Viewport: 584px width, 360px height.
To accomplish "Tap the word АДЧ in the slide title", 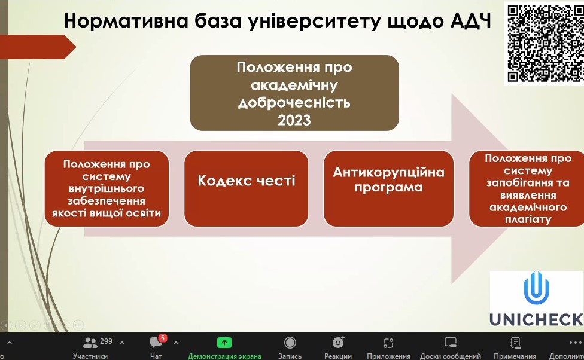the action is point(471,21).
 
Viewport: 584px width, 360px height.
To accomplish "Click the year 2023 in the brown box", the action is point(294,120).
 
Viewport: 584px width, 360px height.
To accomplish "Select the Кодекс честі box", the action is point(246,189).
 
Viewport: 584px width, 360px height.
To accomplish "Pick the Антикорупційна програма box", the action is point(388,189).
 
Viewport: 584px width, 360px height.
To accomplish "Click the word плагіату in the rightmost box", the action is point(528,219).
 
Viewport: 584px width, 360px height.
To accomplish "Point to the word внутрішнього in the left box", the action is point(107,188).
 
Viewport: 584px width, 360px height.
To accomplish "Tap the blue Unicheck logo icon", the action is point(536,288).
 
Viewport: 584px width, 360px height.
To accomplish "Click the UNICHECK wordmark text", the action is point(536,319).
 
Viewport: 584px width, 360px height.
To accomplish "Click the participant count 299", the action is point(106,341).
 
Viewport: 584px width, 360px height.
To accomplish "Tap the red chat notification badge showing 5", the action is point(162,338).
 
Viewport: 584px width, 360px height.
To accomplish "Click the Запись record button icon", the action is point(290,343).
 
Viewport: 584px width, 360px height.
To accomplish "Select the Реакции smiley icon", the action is point(338,342).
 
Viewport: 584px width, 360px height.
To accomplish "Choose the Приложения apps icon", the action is point(388,343).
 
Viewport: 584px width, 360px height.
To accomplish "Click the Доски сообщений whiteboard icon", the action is point(451,342).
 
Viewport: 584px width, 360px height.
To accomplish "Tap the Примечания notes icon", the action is point(515,343).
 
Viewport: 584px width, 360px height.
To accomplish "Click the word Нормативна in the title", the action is point(126,21).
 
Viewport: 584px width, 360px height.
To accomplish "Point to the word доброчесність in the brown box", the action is point(294,102).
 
